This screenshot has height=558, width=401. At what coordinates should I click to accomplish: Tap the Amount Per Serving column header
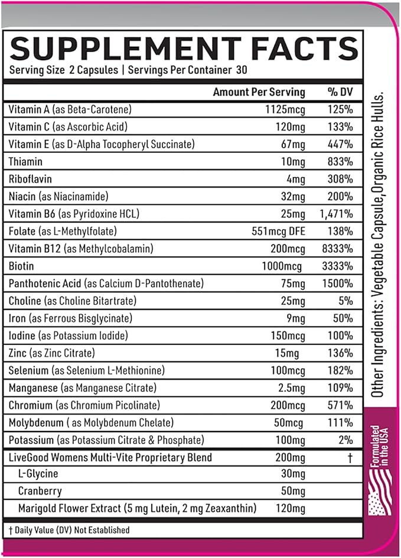click(x=259, y=92)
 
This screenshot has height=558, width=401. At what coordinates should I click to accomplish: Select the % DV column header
click(x=340, y=92)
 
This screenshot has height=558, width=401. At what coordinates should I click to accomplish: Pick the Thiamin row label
click(x=26, y=161)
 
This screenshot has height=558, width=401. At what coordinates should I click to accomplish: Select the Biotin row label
click(x=21, y=266)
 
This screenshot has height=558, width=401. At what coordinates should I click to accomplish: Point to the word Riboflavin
click(x=30, y=179)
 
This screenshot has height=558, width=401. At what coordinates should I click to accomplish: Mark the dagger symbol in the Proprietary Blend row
click(x=351, y=458)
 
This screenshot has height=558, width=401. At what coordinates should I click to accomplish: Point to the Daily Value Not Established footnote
click(x=70, y=530)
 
